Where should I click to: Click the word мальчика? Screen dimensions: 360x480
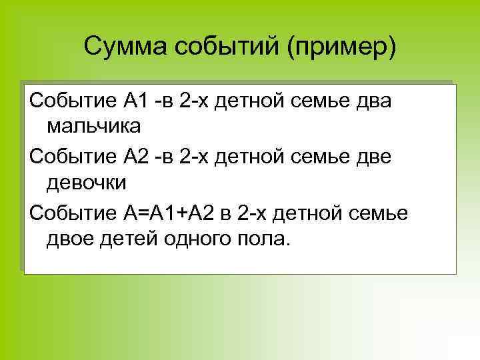[94, 125]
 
